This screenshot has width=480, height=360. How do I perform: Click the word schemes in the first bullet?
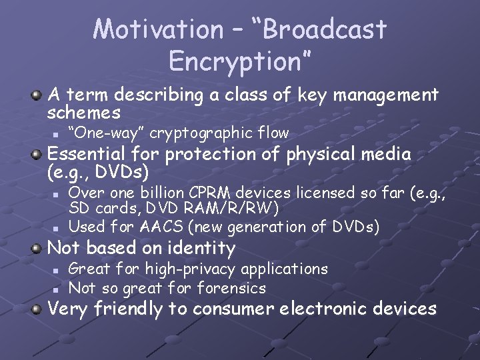coord(84,112)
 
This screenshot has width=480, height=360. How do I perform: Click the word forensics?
coord(231,288)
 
